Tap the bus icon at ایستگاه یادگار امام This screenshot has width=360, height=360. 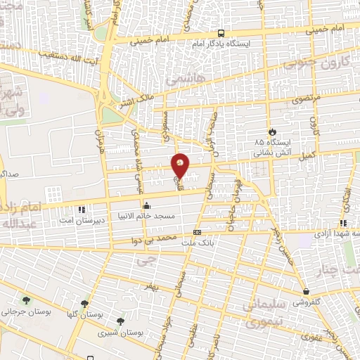(x=221, y=33)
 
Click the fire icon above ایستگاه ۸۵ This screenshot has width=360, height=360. (x=271, y=131)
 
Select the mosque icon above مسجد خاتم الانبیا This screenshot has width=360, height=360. (x=146, y=205)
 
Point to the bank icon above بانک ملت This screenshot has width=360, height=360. (x=197, y=232)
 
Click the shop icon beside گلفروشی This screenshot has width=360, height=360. (x=307, y=291)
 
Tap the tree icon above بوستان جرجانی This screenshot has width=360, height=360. (x=27, y=300)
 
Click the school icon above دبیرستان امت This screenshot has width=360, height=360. (x=82, y=209)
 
